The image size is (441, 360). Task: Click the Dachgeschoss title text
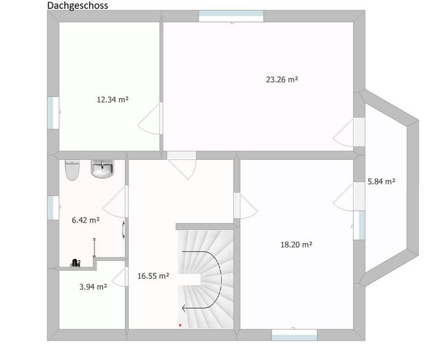click(78, 6)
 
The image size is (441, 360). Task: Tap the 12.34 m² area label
click(113, 100)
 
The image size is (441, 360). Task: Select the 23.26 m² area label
click(282, 80)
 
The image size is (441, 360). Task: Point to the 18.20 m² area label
click(296, 244)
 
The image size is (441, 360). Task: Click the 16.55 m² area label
click(153, 276)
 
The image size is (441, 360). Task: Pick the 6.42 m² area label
click(86, 220)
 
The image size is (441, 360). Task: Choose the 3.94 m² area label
click(93, 287)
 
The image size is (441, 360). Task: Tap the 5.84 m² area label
click(381, 181)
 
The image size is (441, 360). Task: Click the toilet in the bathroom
click(73, 170)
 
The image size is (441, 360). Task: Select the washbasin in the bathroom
click(102, 169)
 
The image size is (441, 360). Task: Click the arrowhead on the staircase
click(184, 309)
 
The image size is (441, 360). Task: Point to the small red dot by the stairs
click(180, 325)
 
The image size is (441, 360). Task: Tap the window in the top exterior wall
click(231, 16)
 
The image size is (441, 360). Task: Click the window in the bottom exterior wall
click(294, 334)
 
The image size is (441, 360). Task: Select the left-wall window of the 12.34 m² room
click(53, 113)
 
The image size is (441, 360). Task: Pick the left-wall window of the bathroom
click(53, 208)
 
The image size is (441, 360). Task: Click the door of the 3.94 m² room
click(120, 277)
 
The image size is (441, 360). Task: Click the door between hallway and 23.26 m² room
click(181, 165)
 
